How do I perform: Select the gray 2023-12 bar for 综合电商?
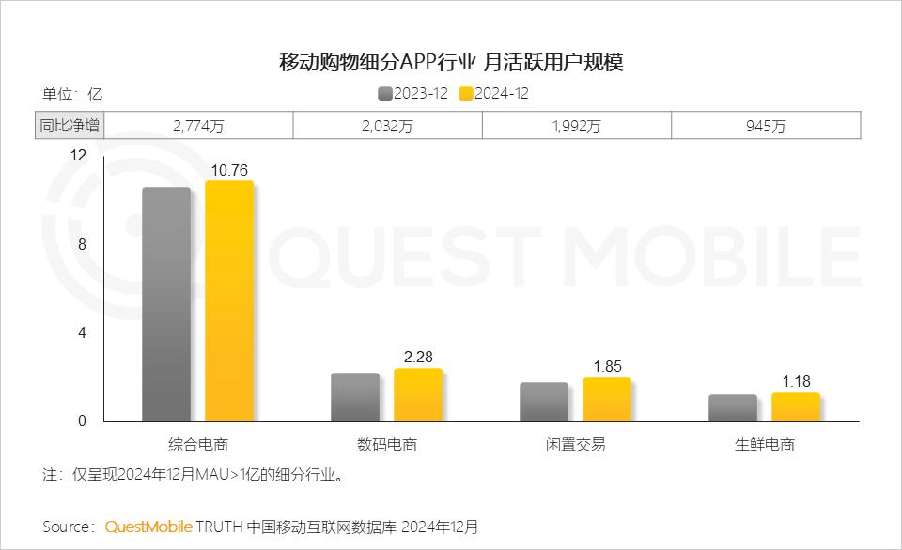(x=166, y=304)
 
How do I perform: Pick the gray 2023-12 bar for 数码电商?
(x=355, y=397)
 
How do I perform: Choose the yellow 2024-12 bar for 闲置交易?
(x=607, y=399)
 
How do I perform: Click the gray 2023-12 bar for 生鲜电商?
(x=733, y=407)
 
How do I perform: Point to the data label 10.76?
(x=229, y=170)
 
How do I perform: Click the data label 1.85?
(x=607, y=367)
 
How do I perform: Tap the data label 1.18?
(x=796, y=382)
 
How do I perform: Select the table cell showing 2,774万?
(x=198, y=126)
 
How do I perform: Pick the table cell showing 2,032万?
(x=387, y=126)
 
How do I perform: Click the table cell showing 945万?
(x=766, y=126)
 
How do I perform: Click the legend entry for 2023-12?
(x=412, y=93)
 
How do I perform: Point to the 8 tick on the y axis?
(x=82, y=244)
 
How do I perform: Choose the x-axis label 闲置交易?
(x=576, y=444)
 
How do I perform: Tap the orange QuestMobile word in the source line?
(x=148, y=527)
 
